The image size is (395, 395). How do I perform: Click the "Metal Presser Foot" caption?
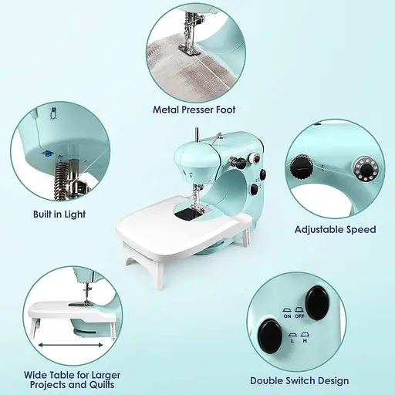[194, 110]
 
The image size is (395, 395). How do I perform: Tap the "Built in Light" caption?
[59, 214]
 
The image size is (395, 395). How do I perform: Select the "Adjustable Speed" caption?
[336, 229]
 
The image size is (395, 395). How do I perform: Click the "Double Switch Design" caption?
[299, 380]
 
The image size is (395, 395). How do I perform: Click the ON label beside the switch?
[287, 316]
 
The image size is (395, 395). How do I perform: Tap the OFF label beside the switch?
[299, 316]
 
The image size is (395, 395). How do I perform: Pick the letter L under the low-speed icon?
[292, 341]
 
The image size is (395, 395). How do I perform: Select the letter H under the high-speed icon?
[305, 341]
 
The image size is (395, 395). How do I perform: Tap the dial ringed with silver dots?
[366, 168]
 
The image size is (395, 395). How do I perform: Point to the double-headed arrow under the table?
[71, 345]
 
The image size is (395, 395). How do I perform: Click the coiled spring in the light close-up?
[60, 180]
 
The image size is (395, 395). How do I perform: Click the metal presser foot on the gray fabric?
[190, 49]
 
